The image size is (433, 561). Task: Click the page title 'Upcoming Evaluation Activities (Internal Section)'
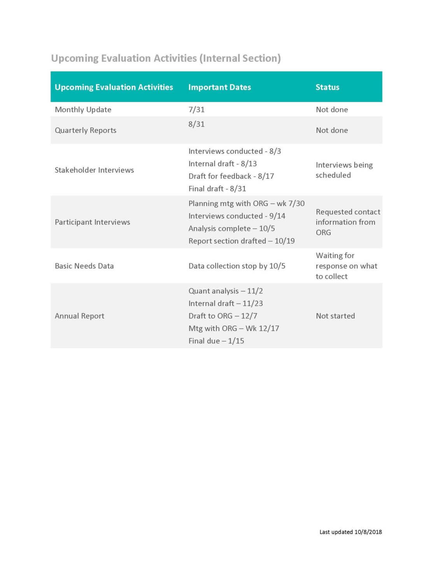[166, 58]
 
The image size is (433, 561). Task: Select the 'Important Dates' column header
[219, 87]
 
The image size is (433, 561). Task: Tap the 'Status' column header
[327, 87]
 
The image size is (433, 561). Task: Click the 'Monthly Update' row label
[83, 109]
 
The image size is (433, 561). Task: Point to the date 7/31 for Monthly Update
[196, 109]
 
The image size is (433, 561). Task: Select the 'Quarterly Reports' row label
[86, 130]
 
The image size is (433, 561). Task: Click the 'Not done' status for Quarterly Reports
[332, 130]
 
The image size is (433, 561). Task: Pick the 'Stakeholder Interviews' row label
[94, 170]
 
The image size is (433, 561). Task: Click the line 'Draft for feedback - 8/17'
[231, 176]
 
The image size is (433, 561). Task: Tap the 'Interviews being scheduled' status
[344, 170]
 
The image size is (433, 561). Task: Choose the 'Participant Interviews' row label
[92, 222]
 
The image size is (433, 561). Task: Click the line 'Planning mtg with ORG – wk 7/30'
[246, 203]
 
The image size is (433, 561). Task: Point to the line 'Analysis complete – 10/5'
[231, 228]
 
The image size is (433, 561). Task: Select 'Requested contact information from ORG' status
[347, 222]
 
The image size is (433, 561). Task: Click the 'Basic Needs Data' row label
[84, 266]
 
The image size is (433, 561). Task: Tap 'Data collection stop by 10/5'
[237, 266]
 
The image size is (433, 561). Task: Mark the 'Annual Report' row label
[79, 316]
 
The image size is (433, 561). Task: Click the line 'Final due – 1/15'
[216, 341]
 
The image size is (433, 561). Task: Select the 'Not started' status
[335, 316]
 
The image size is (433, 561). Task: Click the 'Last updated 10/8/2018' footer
[351, 532]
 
